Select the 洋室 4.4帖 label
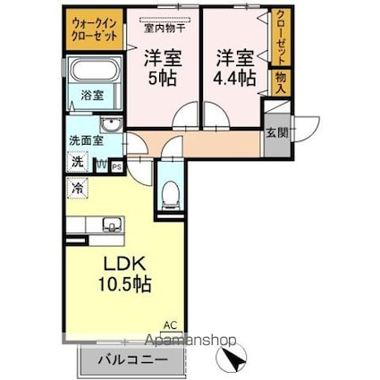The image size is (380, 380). click(232, 66)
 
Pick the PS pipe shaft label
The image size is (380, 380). click(117, 165)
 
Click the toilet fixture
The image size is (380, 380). click(168, 193)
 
